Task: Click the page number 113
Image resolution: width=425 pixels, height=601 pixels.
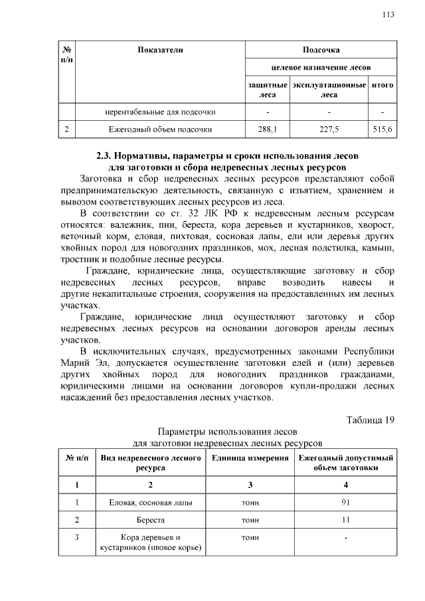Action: coord(390,15)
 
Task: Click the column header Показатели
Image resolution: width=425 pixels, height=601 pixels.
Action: coord(160,50)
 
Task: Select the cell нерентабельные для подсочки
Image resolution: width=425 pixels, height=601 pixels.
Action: coord(161,111)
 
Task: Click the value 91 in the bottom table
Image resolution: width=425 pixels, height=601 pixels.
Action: coord(345,502)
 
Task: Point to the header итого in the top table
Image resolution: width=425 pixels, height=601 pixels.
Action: coord(382,86)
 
